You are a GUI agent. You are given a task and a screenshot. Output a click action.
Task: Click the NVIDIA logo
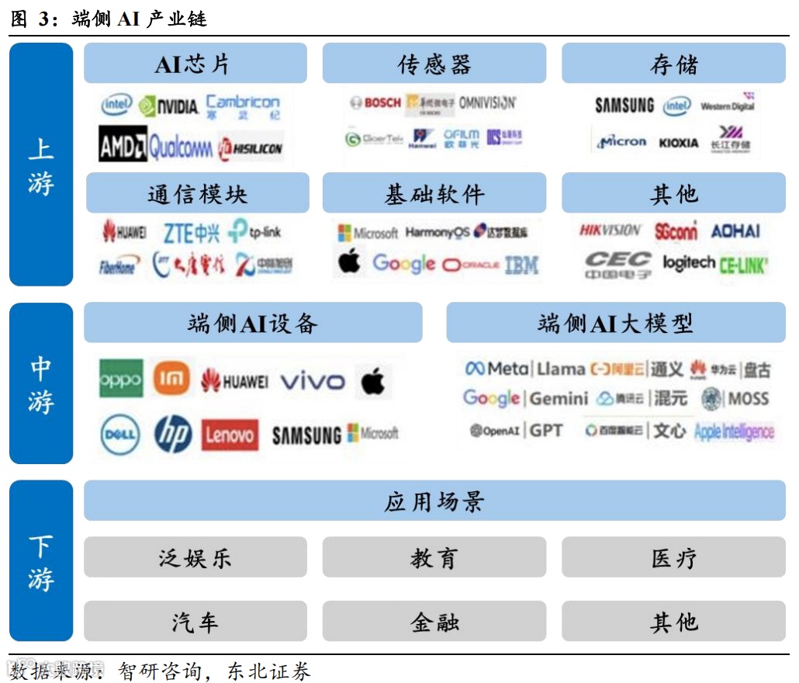pyautogui.click(x=169, y=106)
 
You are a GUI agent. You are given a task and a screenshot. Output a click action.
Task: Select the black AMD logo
pyautogui.click(x=123, y=145)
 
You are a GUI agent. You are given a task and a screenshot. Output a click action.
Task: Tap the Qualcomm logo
pyautogui.click(x=181, y=147)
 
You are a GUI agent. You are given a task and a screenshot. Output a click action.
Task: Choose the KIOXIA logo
pyautogui.click(x=678, y=144)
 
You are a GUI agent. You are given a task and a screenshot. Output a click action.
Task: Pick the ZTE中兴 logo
pyautogui.click(x=191, y=232)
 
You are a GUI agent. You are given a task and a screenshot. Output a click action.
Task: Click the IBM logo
pyautogui.click(x=521, y=265)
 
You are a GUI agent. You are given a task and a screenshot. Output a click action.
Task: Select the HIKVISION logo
pyautogui.click(x=610, y=231)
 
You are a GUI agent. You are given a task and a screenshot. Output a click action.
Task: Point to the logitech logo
pyautogui.click(x=688, y=263)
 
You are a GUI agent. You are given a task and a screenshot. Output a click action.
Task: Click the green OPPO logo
pyautogui.click(x=121, y=380)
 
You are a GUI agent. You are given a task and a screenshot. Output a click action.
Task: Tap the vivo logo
pyautogui.click(x=312, y=381)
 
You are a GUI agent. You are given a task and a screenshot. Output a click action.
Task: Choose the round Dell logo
pyautogui.click(x=121, y=435)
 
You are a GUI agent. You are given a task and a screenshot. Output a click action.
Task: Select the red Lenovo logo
pyautogui.click(x=230, y=435)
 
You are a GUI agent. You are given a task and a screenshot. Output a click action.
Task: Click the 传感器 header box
pyautogui.click(x=434, y=64)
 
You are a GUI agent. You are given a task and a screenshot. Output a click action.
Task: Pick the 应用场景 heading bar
pyautogui.click(x=434, y=501)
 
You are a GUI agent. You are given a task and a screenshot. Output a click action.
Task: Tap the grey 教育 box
pyautogui.click(x=434, y=558)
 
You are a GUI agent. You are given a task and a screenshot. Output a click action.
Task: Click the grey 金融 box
pyautogui.click(x=434, y=622)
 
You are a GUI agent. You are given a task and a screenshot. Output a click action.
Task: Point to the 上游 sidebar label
pyautogui.click(x=41, y=165)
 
